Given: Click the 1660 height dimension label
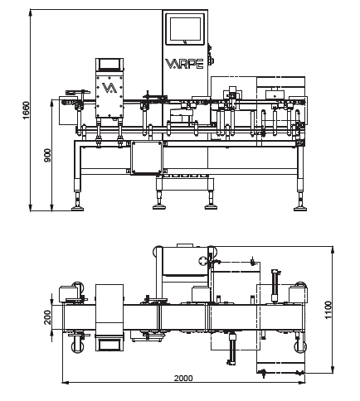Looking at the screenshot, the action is click(x=26, y=110).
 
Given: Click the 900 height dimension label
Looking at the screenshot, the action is click(x=47, y=155).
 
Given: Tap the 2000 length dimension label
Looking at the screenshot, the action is click(x=183, y=378).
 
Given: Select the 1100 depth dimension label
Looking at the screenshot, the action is click(x=328, y=310).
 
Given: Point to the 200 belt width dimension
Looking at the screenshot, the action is click(x=47, y=317).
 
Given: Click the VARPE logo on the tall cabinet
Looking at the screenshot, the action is click(x=185, y=64).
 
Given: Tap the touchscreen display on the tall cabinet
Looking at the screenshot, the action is click(x=185, y=29).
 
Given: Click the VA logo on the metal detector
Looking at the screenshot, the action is click(x=109, y=88).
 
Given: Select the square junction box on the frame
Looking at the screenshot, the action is click(x=147, y=157).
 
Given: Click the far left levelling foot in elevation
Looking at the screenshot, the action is click(x=78, y=208).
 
